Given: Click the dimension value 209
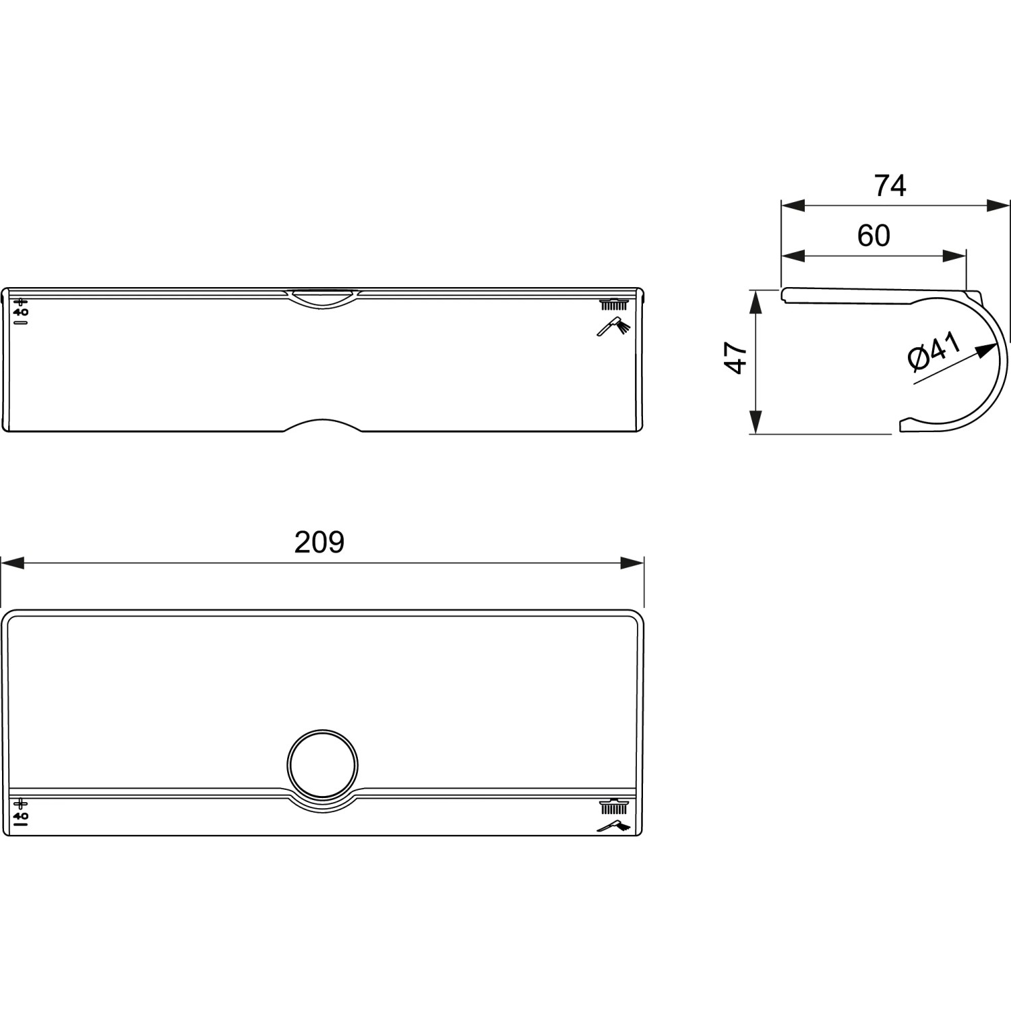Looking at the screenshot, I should pos(319,543).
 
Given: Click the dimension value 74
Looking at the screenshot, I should pos(890,186).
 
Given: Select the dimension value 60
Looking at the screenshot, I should pos(874,236).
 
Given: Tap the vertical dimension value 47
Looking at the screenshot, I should pos(736,357).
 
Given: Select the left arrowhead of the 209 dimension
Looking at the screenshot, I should pos(13,563).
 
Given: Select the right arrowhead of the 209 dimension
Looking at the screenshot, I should pos(632,563).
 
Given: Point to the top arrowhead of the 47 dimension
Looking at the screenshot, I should pos(756,301).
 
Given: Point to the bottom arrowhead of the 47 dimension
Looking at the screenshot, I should pos(756,422).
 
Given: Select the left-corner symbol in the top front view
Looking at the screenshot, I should pos(22,311).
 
